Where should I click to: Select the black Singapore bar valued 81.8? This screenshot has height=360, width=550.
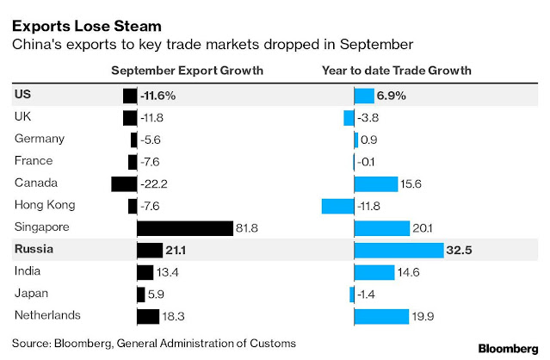coord(185,227)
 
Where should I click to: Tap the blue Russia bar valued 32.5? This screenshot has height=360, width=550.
coord(392,250)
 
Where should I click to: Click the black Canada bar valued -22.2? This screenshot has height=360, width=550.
coord(124,183)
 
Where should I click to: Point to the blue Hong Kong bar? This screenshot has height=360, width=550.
coord(337,206)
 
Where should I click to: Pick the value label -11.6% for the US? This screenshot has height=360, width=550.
coord(164,96)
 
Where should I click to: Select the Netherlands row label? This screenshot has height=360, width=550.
coord(48,315)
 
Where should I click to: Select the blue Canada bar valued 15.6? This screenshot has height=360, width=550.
coord(375,183)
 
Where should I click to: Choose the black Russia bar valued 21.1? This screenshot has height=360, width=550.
coord(150,250)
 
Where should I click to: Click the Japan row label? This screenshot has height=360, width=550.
coord(33,294)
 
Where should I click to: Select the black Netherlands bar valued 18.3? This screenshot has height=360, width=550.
coord(148,316)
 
